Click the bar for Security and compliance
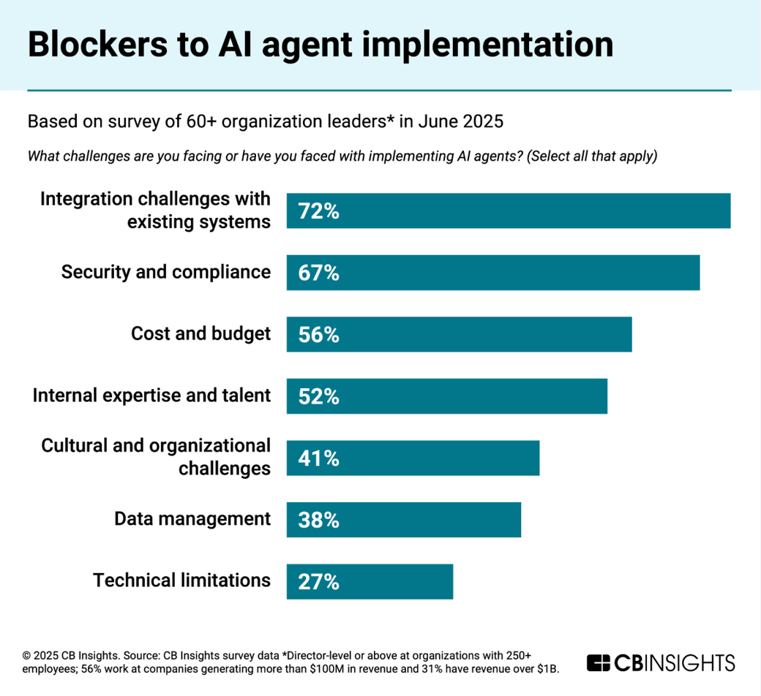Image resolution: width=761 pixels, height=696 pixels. pos(492,273)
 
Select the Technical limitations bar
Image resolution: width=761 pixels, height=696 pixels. pos(370,582)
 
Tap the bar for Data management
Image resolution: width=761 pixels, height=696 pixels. pos(403,520)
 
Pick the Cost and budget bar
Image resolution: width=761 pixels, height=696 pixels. pos(459,335)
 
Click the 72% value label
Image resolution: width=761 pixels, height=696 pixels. pos(318,211)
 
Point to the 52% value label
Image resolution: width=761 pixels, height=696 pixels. pos(318,396)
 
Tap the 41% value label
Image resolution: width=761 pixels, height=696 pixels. pos(318,458)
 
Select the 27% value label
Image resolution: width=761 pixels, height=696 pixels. pos(318,582)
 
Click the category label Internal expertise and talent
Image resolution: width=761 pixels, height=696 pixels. pos(151,396)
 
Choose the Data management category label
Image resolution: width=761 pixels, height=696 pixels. pos(192,519)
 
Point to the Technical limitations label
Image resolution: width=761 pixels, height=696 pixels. pos(181,580)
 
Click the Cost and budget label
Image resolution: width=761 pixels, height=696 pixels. pos(200,334)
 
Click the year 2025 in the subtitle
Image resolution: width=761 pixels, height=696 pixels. pos(483,121)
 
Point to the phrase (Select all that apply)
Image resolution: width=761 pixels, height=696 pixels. pos(592,156)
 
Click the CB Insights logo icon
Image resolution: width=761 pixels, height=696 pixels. pos(598,663)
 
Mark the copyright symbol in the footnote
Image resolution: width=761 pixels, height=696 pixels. pos(26,656)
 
